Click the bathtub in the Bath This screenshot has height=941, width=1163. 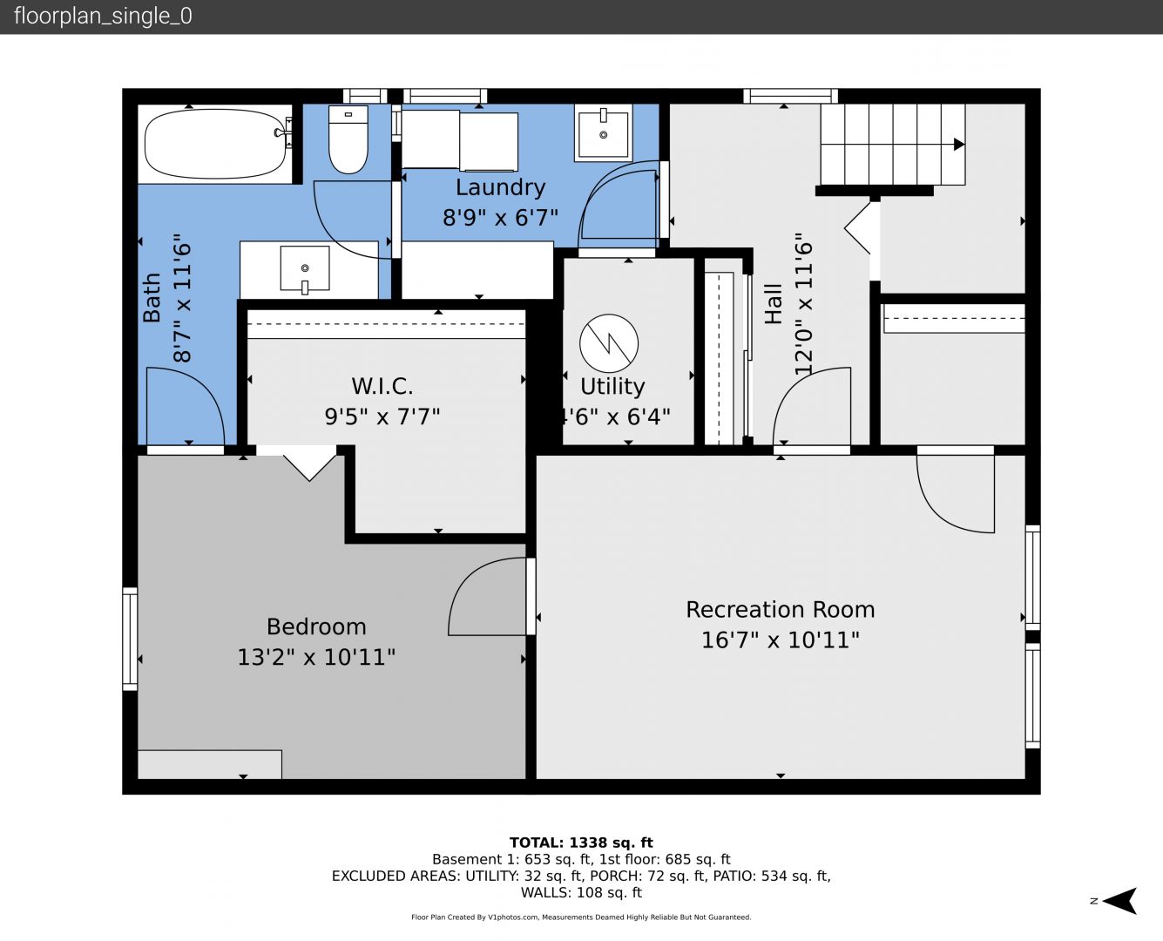click(x=215, y=144)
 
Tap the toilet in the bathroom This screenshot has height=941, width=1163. click(x=348, y=139)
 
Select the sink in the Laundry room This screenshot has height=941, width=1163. click(x=604, y=132)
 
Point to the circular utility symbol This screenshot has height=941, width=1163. click(x=609, y=343)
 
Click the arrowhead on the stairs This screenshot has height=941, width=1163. click(x=959, y=144)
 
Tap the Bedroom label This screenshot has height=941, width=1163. click(x=316, y=627)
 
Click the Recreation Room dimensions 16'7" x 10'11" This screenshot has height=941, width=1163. click(x=781, y=640)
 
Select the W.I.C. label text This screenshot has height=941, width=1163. click(x=382, y=387)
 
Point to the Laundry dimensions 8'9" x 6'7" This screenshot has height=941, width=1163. click(x=500, y=217)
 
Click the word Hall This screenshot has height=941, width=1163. click(x=773, y=304)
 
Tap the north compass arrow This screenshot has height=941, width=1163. click(x=1119, y=901)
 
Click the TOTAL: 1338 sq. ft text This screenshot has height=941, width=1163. click(x=582, y=843)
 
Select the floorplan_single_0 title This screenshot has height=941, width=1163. click(x=103, y=17)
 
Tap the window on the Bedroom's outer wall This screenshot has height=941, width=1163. click(x=130, y=639)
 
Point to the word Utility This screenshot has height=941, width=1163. click(x=612, y=387)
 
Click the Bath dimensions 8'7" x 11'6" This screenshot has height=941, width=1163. click(x=182, y=298)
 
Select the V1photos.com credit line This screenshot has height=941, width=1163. click(x=581, y=917)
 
